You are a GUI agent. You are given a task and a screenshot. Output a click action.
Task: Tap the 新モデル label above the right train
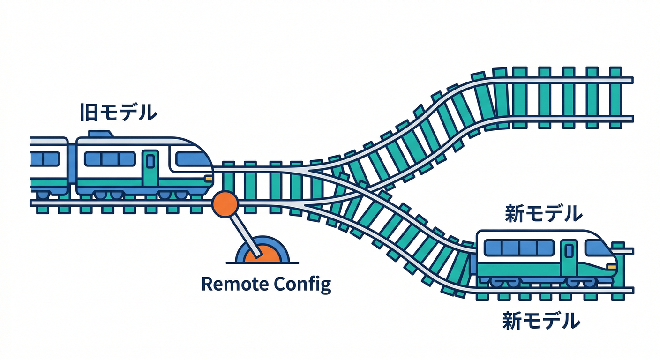point(543,213)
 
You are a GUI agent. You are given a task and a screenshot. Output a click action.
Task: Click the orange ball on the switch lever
point(225,204)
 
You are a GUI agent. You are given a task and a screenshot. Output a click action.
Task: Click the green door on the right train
point(569,257)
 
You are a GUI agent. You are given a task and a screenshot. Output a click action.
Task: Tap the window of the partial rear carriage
point(45,158)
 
